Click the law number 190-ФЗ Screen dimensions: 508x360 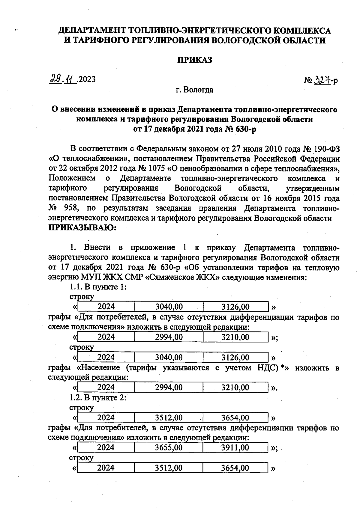[325, 149]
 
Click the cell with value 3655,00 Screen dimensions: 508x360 [169, 447]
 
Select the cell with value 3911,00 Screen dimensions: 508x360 [235, 447]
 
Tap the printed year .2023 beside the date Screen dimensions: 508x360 [86, 79]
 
